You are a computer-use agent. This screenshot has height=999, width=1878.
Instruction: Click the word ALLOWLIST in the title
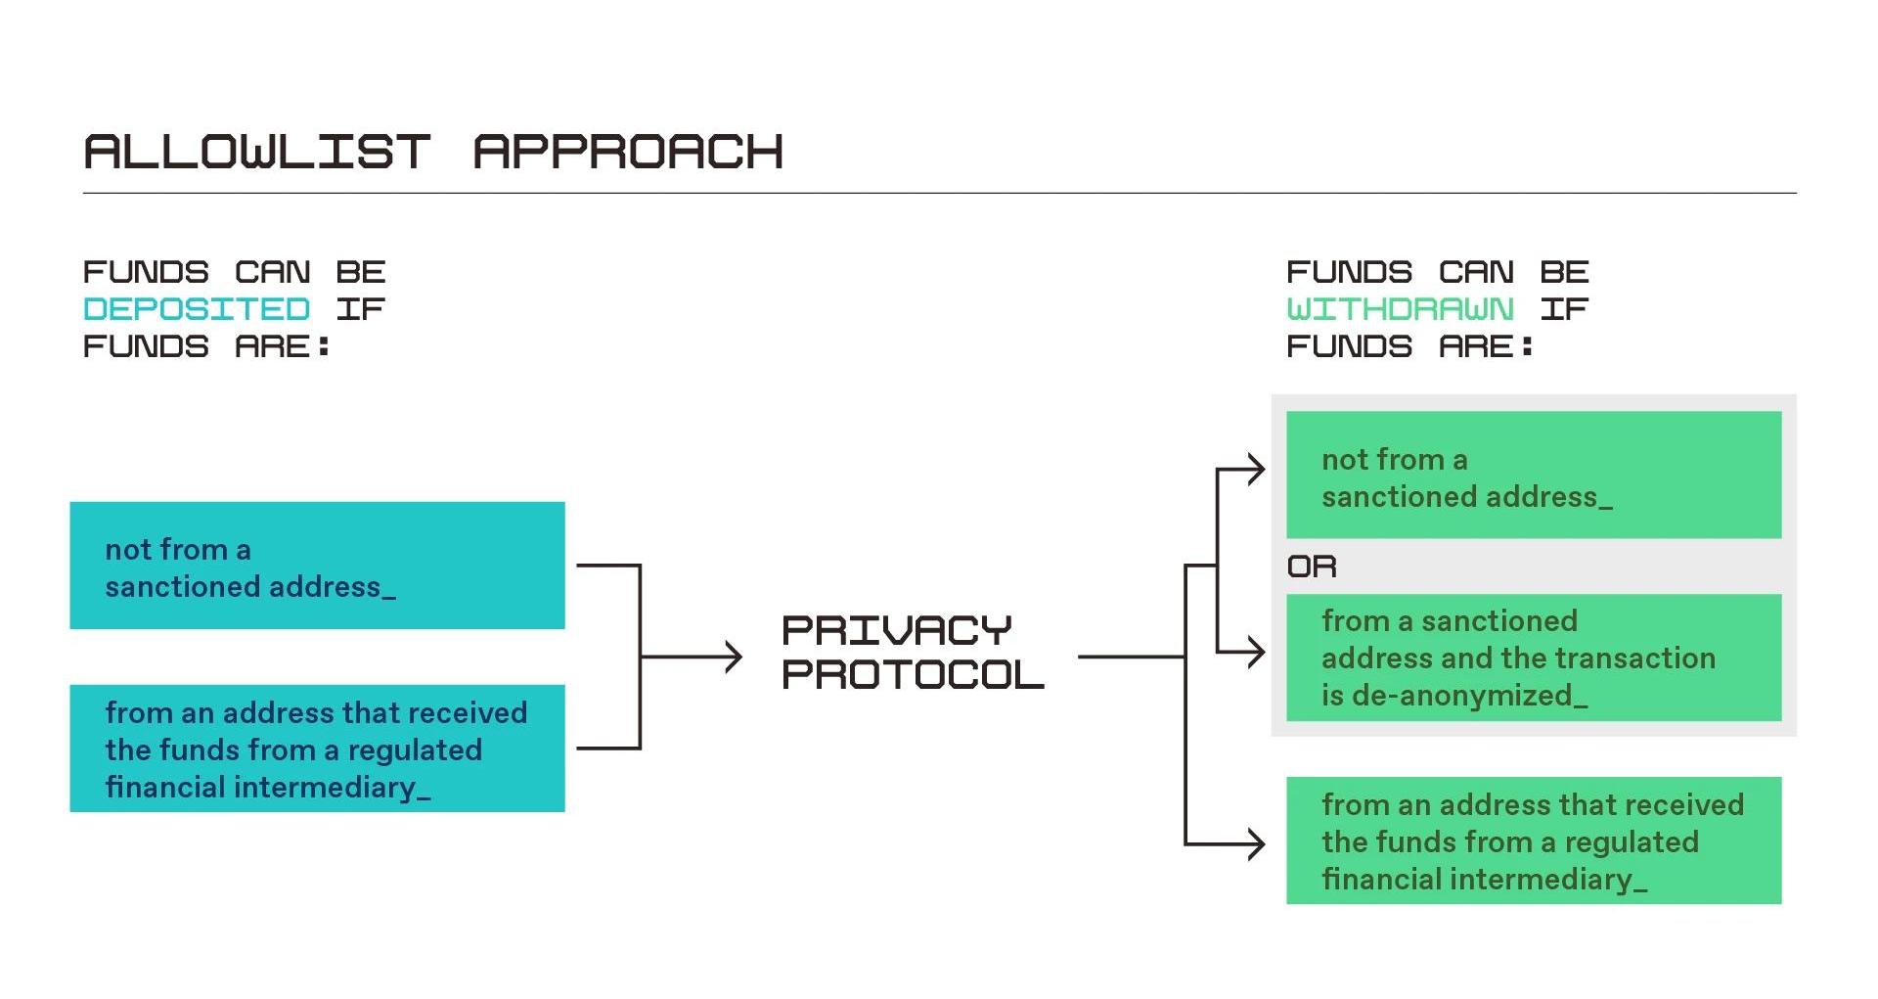(x=256, y=152)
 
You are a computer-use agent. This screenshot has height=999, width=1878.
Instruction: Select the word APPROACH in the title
(x=628, y=152)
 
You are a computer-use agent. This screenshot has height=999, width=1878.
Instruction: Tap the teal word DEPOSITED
(x=197, y=309)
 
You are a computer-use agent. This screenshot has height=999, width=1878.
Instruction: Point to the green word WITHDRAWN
(x=1400, y=309)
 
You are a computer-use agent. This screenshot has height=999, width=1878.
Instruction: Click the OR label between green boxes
(x=1312, y=567)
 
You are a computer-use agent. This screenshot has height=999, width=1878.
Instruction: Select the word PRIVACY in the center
(x=896, y=630)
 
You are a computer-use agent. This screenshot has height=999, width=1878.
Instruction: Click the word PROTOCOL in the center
(x=913, y=674)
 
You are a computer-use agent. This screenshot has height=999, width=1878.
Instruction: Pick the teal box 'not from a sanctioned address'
(x=317, y=566)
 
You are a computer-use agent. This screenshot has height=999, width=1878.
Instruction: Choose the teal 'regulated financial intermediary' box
(x=317, y=749)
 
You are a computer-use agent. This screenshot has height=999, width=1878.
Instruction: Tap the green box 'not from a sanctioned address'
(x=1533, y=475)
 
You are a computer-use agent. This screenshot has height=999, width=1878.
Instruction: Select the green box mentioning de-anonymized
(x=1533, y=658)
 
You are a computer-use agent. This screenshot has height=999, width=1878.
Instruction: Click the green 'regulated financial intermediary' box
(x=1533, y=840)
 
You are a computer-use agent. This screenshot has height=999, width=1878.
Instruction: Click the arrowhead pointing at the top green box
(x=1256, y=470)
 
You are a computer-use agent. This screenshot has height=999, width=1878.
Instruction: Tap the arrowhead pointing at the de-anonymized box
(x=1256, y=652)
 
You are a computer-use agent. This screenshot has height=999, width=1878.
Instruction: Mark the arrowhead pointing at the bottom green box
(x=1256, y=843)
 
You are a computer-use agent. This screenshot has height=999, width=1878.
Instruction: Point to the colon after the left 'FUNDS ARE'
(x=324, y=346)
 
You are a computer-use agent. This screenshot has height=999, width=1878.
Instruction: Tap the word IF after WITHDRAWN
(x=1563, y=309)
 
